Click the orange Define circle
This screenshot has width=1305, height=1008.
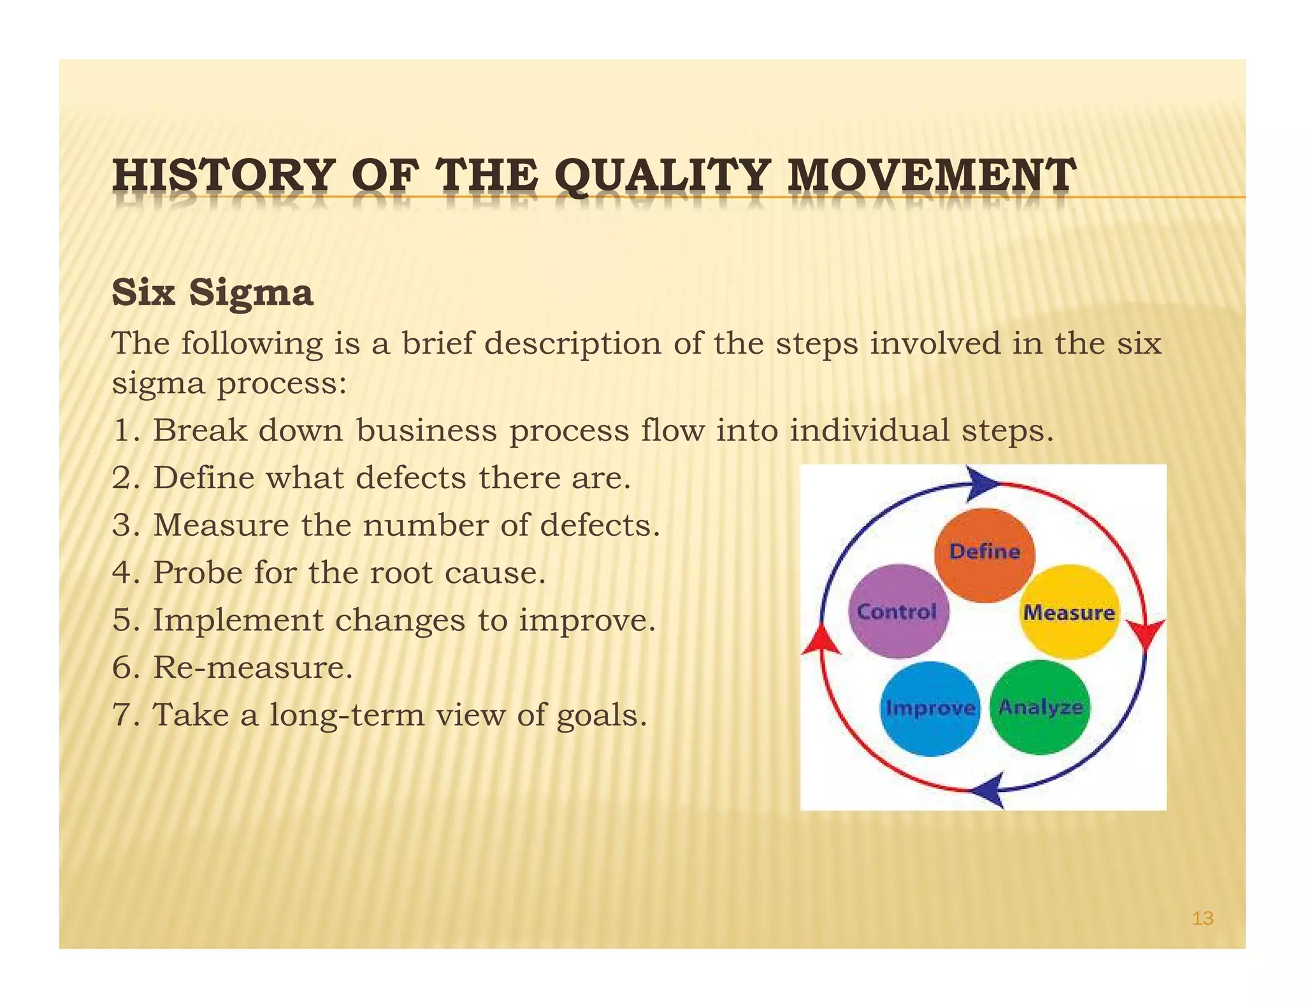pos(984,554)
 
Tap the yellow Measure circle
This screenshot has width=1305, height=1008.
pos(1069,612)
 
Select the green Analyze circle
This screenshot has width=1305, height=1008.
pos(1040,707)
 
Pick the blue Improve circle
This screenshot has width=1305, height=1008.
pos(930,709)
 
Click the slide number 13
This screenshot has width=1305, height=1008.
pos(1202,918)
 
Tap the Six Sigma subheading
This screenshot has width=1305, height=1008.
pos(212,293)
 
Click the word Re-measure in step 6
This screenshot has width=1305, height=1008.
pos(252,668)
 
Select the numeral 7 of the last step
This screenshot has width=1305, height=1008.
pos(120,715)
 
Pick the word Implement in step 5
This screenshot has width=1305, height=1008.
pos(238,620)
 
